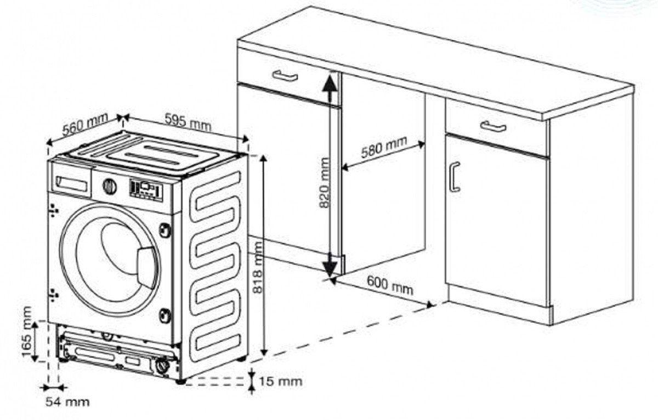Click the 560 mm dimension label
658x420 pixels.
84,126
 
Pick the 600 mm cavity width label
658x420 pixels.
390,284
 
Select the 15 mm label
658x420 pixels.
280,380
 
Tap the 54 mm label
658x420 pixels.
67,402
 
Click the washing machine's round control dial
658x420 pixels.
110,186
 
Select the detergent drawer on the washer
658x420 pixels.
70,182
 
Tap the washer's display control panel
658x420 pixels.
146,190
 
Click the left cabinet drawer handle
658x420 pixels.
285,76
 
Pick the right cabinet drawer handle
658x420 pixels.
493,126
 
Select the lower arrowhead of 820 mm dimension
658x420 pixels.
330,267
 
